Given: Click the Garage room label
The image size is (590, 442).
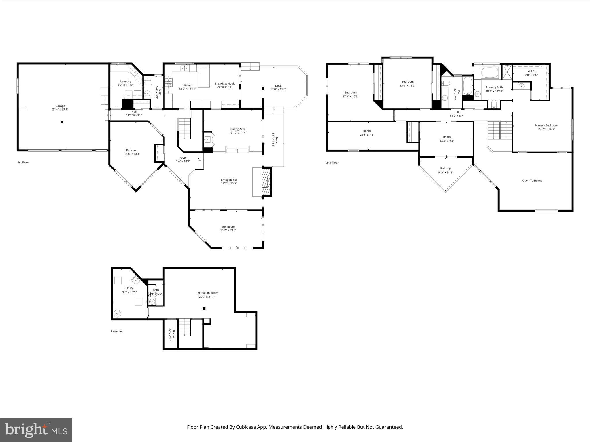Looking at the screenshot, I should (60, 106).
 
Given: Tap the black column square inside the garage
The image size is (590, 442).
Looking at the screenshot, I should (62, 122).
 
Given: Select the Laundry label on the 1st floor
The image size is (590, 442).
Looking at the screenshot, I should (126, 81).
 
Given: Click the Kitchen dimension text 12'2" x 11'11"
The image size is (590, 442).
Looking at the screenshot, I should (187, 89).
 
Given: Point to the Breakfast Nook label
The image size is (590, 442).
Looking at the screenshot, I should (224, 83).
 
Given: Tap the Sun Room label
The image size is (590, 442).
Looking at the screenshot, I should (228, 227).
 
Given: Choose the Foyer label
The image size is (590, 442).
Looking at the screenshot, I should (183, 158).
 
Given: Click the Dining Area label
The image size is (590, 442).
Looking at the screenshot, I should (238, 129).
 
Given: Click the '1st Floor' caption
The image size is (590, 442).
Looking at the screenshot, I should (23, 163).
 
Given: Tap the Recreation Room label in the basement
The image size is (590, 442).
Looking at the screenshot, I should (207, 293).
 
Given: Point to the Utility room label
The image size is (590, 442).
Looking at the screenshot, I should (129, 288).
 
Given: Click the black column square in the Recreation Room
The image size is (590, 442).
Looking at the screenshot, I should (204, 308).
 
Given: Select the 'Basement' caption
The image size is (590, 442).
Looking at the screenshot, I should (117, 331).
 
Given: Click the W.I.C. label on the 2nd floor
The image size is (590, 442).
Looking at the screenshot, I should (531, 71).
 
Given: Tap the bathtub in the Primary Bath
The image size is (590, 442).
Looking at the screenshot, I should (490, 73).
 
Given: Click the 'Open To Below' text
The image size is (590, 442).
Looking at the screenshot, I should (532, 181).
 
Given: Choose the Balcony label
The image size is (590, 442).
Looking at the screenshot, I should (445, 169).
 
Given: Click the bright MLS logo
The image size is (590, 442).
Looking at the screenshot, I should (36, 430).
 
